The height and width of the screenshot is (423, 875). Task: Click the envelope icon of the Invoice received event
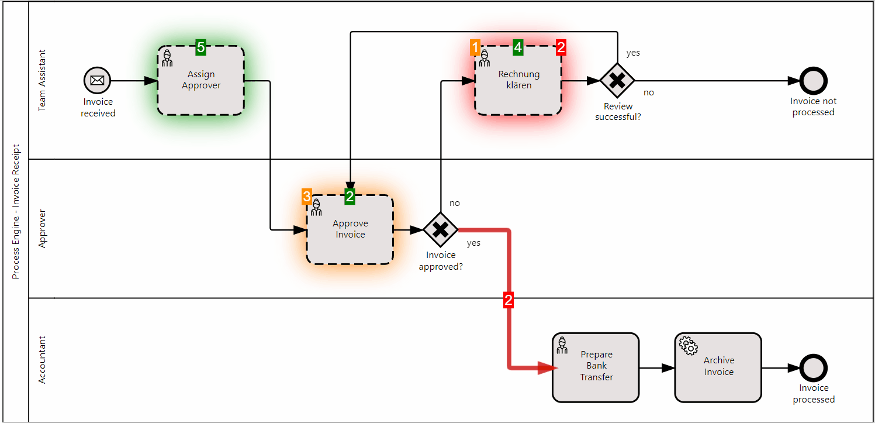(x=97, y=81)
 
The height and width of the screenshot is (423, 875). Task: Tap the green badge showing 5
(x=200, y=48)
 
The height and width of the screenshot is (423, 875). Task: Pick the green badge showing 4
(x=518, y=48)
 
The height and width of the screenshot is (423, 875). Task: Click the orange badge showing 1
(x=475, y=48)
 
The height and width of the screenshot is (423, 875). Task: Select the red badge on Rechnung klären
(x=561, y=48)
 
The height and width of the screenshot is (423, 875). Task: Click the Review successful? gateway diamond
(x=617, y=81)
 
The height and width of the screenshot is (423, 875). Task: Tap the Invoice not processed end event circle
(x=813, y=81)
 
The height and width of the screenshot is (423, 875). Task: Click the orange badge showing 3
(x=306, y=197)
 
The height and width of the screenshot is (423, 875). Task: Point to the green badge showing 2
(x=350, y=197)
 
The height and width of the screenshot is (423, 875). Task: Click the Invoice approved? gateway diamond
(x=440, y=230)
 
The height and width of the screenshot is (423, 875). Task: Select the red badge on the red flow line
(x=509, y=301)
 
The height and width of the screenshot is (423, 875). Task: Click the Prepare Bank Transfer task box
(x=596, y=367)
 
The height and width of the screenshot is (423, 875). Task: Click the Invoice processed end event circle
(x=813, y=368)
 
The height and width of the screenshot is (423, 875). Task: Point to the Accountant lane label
(x=42, y=360)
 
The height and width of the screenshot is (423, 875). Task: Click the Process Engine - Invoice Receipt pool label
(x=16, y=211)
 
